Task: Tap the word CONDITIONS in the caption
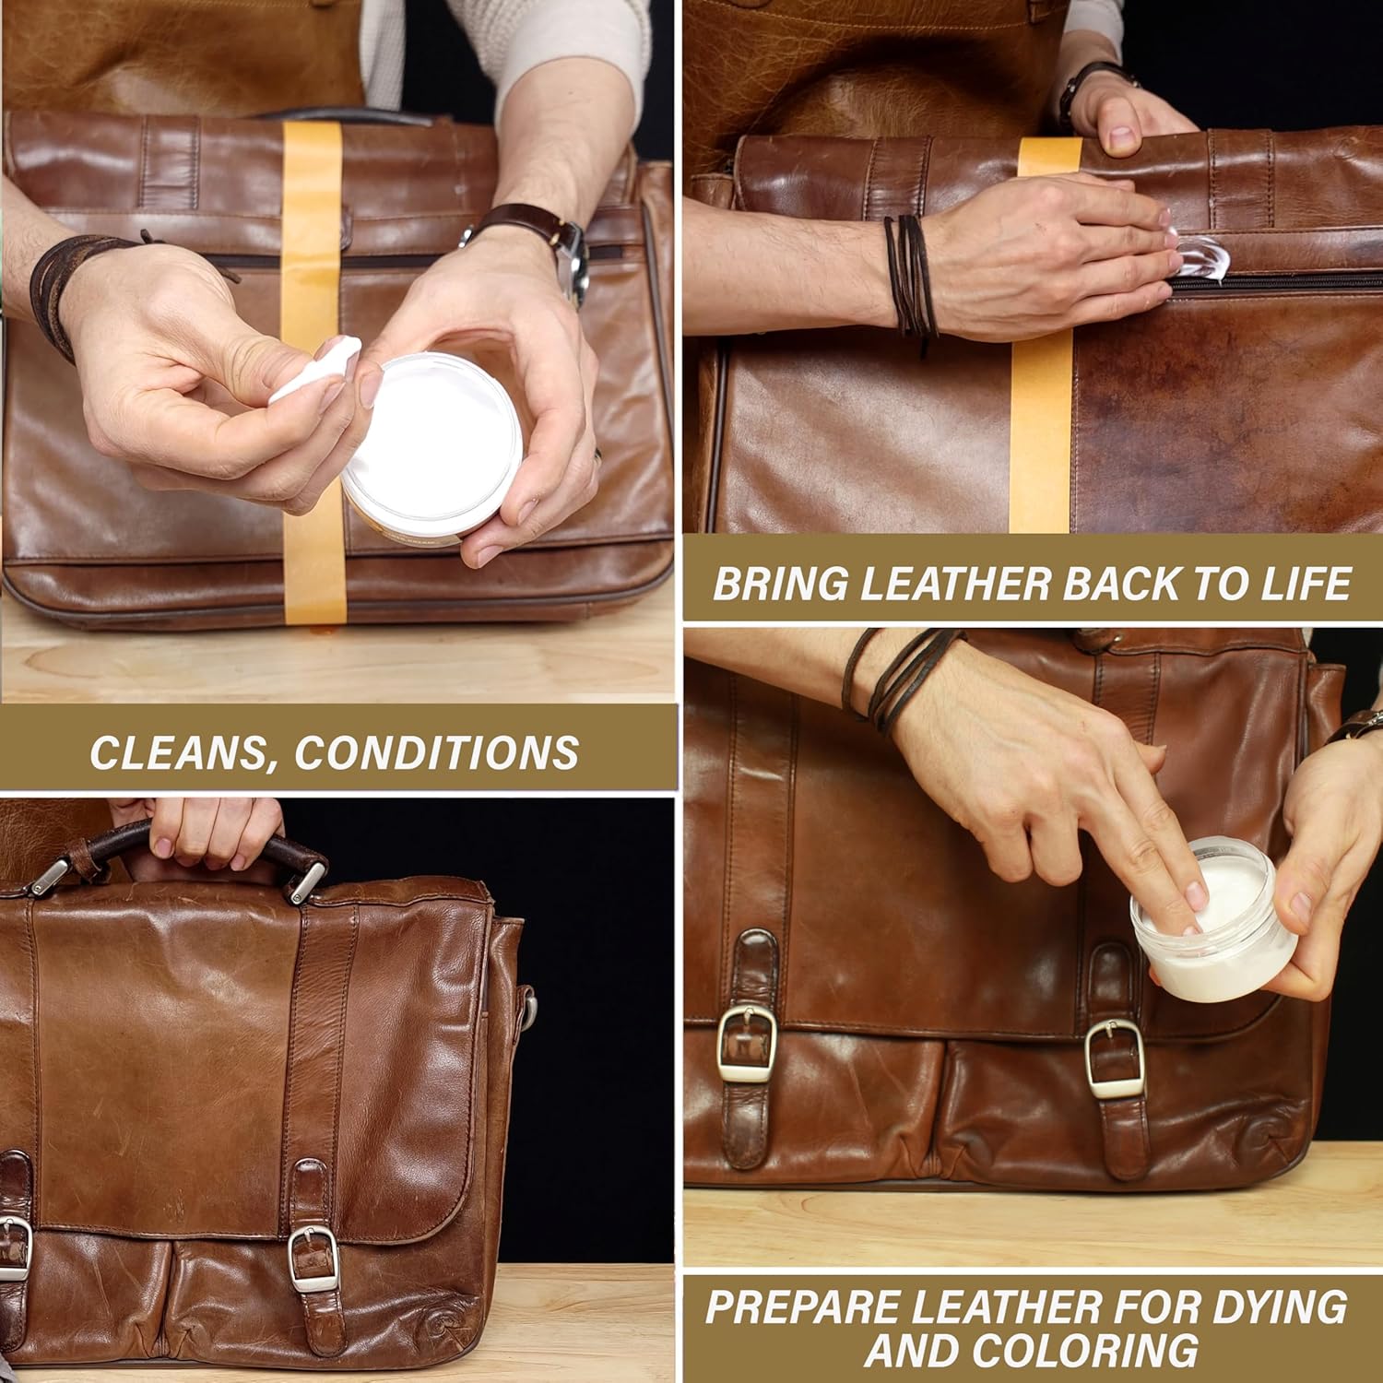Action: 436,752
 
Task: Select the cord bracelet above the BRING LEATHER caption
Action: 910,272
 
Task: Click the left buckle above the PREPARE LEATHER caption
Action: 745,1045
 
